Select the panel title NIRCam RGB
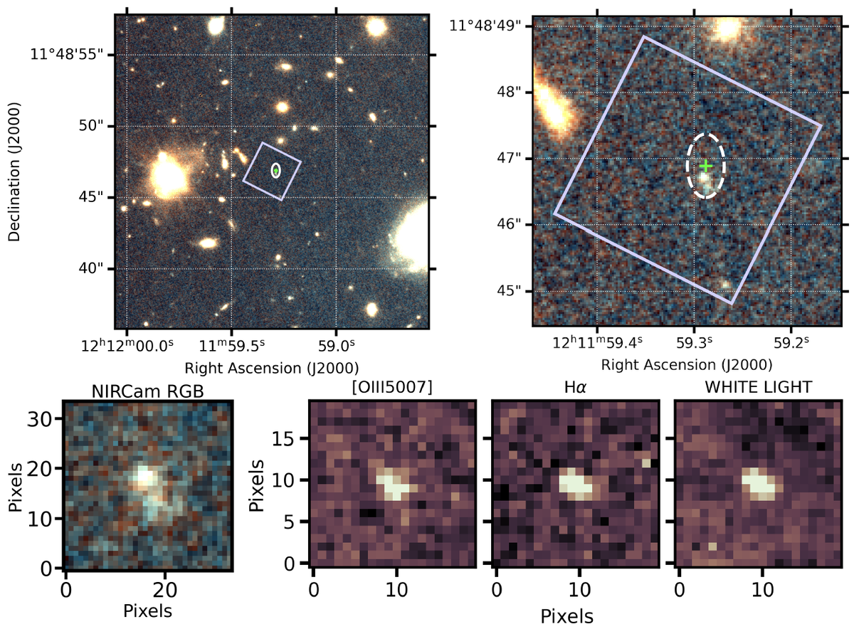pos(147,391)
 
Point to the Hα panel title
pos(576,391)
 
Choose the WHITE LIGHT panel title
pos(758,391)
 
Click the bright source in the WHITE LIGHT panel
pos(760,483)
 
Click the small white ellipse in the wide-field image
pos(275,170)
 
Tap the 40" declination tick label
pos(93,268)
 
